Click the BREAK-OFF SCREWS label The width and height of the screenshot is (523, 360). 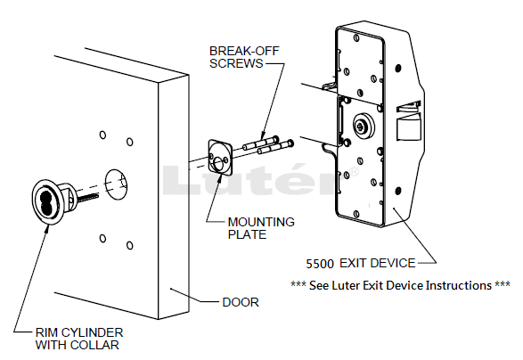point(244,57)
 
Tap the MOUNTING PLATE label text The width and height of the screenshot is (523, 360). point(261,228)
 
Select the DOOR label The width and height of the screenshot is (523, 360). point(241,302)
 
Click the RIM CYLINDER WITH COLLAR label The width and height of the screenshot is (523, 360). point(79,339)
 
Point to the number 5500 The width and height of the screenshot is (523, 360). point(320,264)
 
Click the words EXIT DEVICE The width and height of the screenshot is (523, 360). point(378,263)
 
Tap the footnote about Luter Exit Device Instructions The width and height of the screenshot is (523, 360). point(400,286)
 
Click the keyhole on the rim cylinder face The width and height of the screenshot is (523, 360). point(44,198)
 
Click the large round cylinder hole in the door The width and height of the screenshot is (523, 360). point(116,184)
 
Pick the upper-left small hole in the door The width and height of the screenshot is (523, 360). point(102,135)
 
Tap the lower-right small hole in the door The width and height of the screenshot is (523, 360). point(130,246)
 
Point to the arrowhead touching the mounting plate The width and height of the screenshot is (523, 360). point(219,176)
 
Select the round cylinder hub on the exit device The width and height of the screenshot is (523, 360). point(364,125)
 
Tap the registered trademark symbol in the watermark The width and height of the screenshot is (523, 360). point(354,171)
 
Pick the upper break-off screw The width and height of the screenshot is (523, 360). point(261,143)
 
